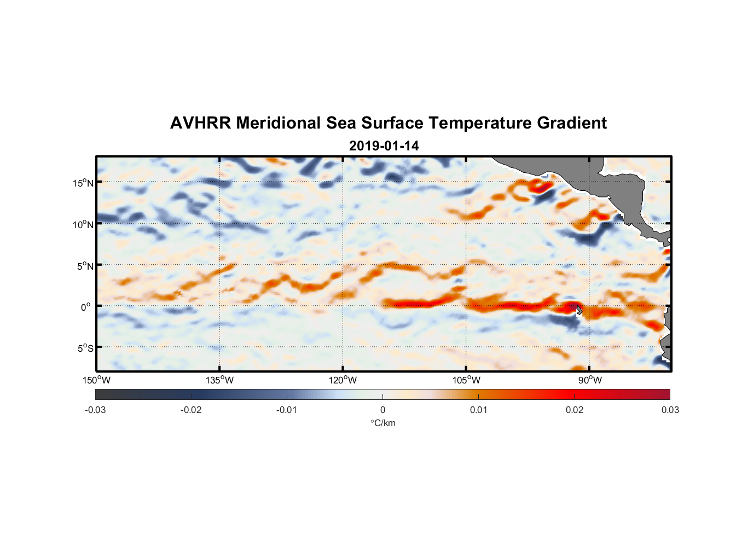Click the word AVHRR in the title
(x=200, y=123)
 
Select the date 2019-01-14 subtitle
(x=384, y=146)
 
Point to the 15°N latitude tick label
(x=83, y=183)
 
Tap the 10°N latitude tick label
(x=83, y=224)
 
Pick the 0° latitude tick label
(x=86, y=307)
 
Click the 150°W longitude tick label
(x=96, y=380)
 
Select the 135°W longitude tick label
(x=219, y=380)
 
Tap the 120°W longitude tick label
(x=343, y=380)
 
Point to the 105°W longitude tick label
(x=466, y=380)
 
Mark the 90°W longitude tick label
(x=589, y=380)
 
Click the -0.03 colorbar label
(x=95, y=410)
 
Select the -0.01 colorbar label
(x=287, y=410)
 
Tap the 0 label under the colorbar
(x=382, y=410)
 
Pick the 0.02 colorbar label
(x=575, y=410)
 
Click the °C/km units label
(x=382, y=423)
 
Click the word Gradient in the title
(x=572, y=123)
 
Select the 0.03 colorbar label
(x=670, y=410)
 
